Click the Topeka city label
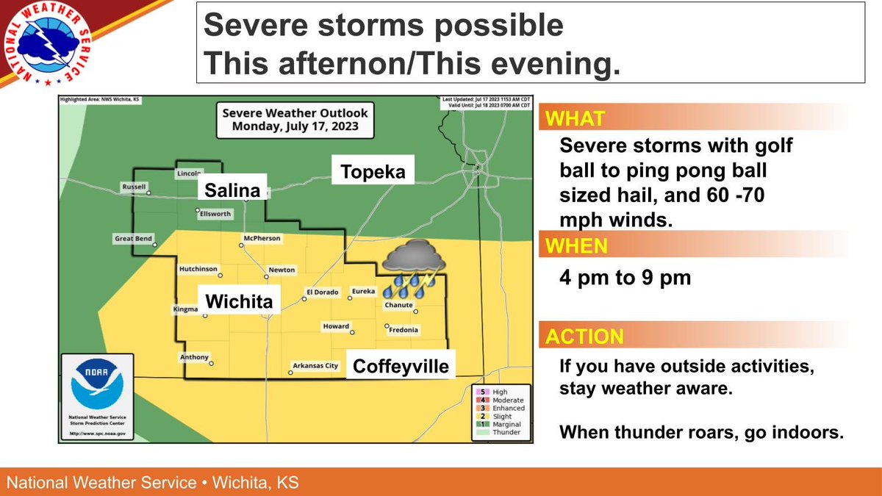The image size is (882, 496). tap(373, 173)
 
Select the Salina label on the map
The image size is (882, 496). tap(232, 191)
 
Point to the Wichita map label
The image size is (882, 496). tap(239, 301)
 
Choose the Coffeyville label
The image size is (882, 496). tap(401, 366)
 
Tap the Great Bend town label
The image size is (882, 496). tap(133, 239)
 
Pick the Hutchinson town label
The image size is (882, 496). tap(198, 270)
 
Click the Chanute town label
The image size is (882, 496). tap(398, 305)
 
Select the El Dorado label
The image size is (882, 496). tap(322, 292)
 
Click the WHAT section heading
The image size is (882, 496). tap(576, 119)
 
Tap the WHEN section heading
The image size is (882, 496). tap(578, 246)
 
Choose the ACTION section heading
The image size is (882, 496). tap(584, 337)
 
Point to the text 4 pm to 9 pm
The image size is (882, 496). tap(625, 278)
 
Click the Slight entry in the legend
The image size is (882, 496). tap(501, 416)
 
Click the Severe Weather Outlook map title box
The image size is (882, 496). tap(295, 119)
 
